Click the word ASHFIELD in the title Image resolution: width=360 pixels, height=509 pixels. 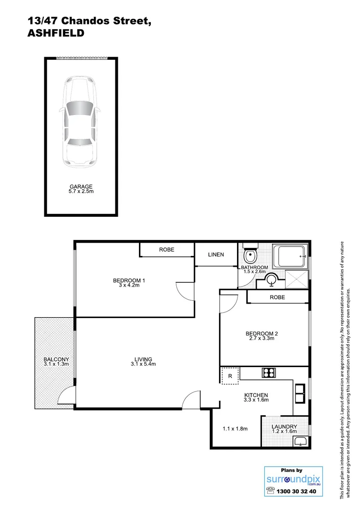(56, 33)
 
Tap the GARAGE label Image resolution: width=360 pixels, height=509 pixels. (80, 187)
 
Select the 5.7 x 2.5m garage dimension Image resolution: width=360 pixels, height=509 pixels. (80, 192)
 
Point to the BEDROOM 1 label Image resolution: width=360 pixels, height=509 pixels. (129, 281)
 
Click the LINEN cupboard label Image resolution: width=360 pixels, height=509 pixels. (216, 254)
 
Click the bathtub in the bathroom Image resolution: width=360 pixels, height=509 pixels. (292, 257)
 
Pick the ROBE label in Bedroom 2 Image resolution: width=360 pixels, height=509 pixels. (277, 297)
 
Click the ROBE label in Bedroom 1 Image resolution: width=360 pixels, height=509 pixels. (166, 250)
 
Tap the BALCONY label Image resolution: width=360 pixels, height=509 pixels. (53, 359)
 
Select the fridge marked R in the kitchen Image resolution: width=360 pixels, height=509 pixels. (230, 376)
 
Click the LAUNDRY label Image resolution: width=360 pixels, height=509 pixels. (284, 427)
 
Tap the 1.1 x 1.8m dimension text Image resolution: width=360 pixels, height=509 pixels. (235, 429)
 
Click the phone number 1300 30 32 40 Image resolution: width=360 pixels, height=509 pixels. (298, 491)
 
